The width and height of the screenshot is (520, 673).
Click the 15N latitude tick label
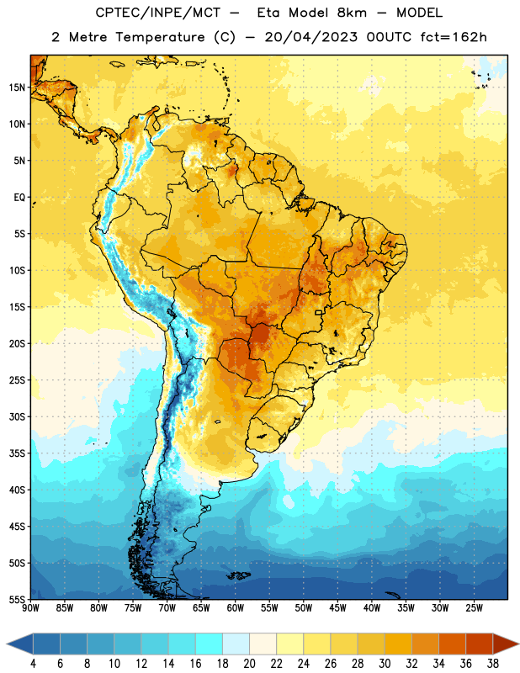17,87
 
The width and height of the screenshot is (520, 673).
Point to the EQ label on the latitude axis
19,198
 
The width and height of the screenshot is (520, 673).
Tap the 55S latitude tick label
17,599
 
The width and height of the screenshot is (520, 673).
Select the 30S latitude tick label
17,416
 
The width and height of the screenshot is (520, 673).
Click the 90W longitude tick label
30,607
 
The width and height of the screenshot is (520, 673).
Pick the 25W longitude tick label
474,607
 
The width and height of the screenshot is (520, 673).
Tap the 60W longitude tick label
236,607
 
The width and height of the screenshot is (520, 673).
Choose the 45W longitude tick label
337,607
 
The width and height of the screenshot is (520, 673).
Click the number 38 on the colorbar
493,664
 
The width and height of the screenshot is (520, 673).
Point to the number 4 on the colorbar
33,664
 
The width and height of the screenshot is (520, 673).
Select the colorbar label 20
249,664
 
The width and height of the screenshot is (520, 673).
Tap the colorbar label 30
385,664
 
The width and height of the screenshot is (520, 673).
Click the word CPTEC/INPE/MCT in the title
157,13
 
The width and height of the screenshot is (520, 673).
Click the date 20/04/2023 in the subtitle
310,37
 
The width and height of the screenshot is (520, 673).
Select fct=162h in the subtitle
454,37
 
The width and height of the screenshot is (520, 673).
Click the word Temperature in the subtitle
160,37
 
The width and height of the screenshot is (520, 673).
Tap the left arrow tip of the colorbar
8,644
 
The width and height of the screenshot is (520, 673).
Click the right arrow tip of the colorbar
518,644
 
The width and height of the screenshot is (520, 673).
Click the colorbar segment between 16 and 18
209,644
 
